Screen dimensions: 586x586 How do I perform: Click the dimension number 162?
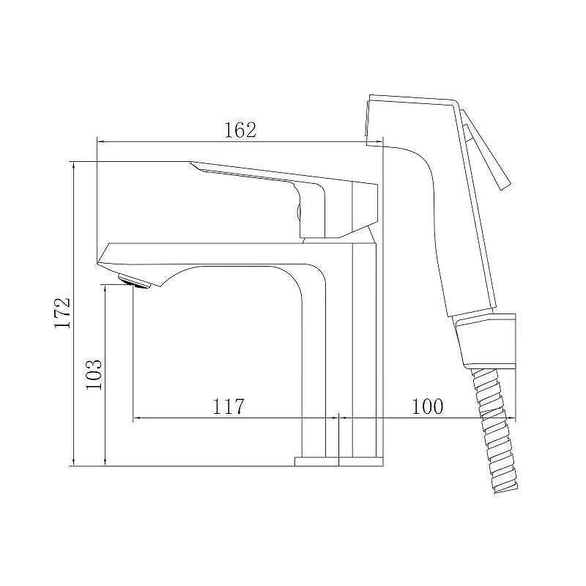240,130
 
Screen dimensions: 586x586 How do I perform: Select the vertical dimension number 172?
62,313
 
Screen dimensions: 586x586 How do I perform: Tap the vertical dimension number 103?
94,374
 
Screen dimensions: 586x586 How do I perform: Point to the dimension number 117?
228,407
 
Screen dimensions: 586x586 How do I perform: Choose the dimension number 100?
427,407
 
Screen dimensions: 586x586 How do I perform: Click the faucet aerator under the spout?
133,281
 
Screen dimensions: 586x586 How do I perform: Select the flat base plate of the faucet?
339,461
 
